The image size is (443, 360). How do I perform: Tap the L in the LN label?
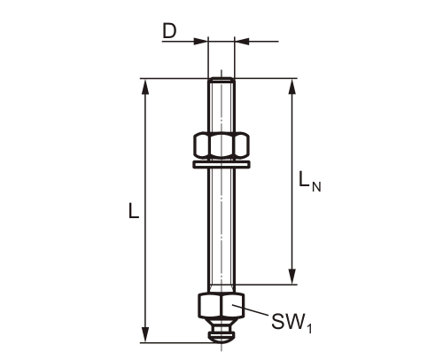(304, 182)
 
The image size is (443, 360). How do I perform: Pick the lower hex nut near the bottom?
(221, 307)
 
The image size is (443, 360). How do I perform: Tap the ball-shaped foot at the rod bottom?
(221, 335)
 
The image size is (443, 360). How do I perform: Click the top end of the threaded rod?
(221, 82)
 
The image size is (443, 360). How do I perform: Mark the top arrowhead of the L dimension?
(145, 85)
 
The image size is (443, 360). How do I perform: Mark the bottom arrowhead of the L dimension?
(145, 337)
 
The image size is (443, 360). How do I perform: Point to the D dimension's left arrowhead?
(202, 40)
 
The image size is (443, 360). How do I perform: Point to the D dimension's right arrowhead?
(241, 40)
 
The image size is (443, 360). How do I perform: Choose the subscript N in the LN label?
(317, 186)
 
